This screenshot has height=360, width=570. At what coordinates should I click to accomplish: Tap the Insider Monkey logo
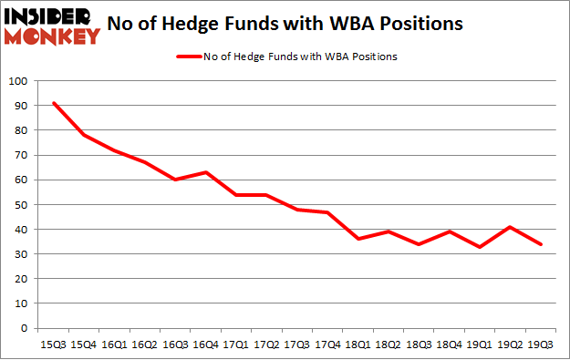point(51,25)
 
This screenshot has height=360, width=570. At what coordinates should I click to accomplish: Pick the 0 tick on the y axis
point(23,329)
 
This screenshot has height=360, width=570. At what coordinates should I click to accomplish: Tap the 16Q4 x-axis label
point(207,345)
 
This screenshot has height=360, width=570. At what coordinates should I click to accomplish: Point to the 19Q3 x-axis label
point(541,345)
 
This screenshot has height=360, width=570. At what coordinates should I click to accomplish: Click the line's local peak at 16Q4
point(207,172)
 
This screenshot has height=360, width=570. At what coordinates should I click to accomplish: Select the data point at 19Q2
point(512,227)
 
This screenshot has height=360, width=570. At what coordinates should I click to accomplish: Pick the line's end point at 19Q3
point(541,244)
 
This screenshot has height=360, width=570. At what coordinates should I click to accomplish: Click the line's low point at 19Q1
point(480,247)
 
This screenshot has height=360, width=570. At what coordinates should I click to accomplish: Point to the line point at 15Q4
point(84,135)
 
